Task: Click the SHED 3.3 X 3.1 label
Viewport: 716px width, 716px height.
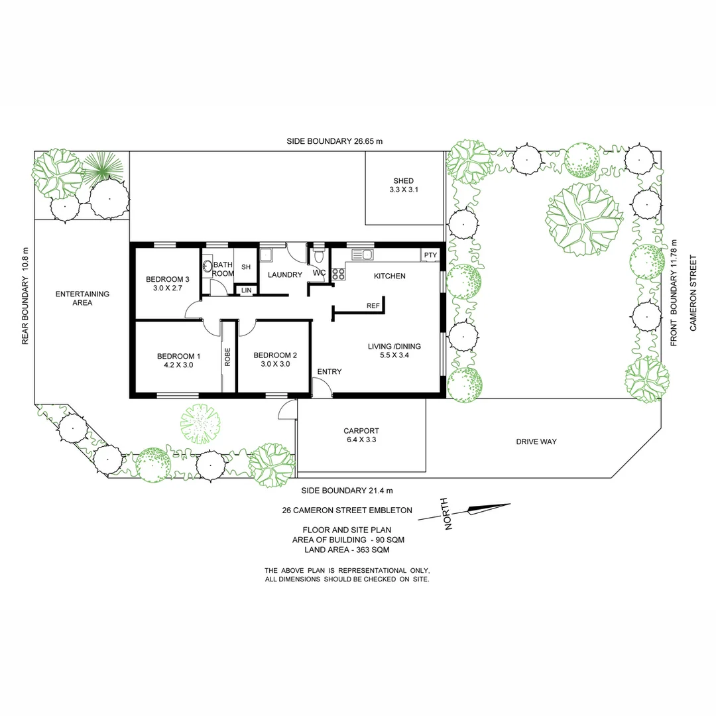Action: pos(403,185)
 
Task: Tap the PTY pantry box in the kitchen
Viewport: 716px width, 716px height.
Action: pos(430,255)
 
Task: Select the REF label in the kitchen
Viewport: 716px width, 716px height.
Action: pos(373,306)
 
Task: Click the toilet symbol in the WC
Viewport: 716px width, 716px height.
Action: pos(318,257)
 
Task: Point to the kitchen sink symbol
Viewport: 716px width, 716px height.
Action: pos(363,254)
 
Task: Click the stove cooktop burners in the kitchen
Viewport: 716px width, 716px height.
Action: pos(337,273)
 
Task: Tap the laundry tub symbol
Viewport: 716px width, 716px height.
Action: pos(267,255)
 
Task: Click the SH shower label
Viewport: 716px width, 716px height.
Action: pos(245,267)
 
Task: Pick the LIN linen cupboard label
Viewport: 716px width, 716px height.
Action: pos(246,290)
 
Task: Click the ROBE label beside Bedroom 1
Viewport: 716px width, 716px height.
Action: pos(227,357)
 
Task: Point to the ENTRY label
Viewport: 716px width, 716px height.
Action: pos(329,372)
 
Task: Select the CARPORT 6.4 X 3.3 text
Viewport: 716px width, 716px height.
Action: pos(360,434)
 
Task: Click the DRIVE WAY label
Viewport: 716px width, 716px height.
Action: pos(536,442)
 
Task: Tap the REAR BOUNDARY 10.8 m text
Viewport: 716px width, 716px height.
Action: pos(26,302)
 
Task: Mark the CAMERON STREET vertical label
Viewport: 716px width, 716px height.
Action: pos(694,293)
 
